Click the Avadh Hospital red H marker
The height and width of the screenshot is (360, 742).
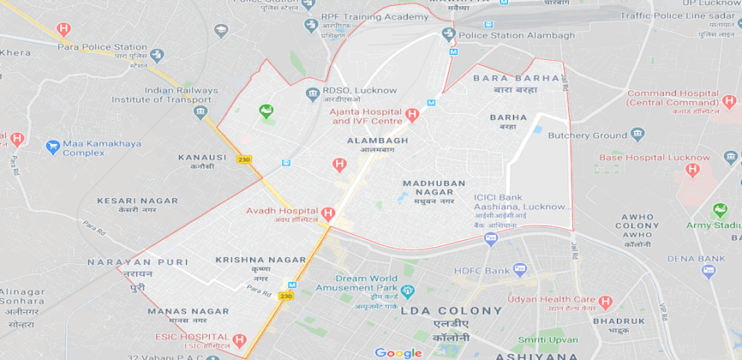pos(328,213)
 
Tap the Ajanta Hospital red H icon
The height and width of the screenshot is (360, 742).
pos(412,115)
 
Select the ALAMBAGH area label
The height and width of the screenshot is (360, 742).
pos(377,140)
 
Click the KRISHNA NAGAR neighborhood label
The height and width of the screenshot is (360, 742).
pos(260,259)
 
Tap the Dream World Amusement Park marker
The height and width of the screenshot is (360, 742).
pos(408,291)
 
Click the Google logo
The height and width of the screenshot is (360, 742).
pos(398,352)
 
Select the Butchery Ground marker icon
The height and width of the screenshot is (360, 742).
pos(637,135)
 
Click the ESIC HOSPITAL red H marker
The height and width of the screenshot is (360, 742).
pos(240,340)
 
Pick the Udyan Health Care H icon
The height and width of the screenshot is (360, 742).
pos(607,303)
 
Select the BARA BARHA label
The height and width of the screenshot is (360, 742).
pos(516,78)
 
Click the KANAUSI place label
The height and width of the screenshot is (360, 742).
pos(202,158)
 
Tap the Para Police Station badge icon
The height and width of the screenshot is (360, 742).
pos(157,55)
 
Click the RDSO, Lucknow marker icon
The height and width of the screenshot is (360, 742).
pos(312,93)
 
